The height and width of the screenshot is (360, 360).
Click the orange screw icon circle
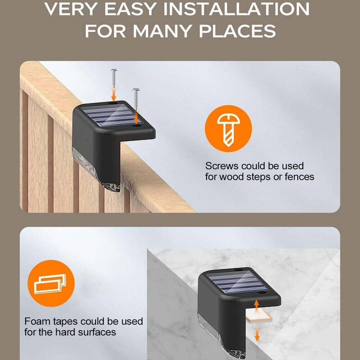[x=228, y=129]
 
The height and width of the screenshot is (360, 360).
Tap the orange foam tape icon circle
[x=51, y=283]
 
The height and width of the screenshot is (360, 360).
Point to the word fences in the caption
[x=299, y=177]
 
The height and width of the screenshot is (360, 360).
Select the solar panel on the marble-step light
[x=236, y=283]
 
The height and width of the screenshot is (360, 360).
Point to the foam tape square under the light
[x=259, y=319]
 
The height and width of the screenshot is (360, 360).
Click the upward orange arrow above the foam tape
[x=257, y=305]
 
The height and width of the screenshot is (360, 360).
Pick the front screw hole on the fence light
[x=137, y=126]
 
